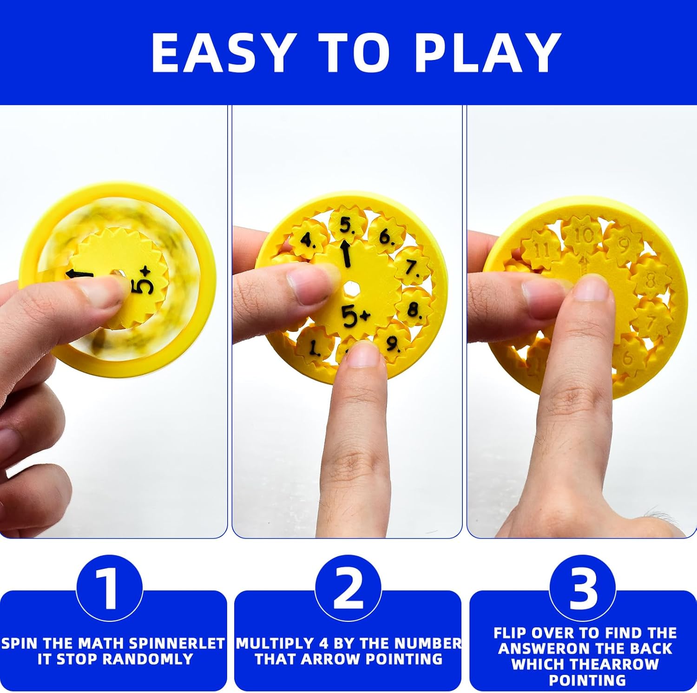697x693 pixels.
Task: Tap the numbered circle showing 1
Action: click(x=109, y=588)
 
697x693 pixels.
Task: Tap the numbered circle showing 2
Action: click(x=348, y=588)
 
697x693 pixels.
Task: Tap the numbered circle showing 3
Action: click(x=583, y=588)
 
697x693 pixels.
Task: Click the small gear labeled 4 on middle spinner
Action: click(x=307, y=241)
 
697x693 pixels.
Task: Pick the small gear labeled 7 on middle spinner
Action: click(x=412, y=268)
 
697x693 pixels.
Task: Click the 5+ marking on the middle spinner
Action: click(x=355, y=316)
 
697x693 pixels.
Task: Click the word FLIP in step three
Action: click(x=510, y=633)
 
